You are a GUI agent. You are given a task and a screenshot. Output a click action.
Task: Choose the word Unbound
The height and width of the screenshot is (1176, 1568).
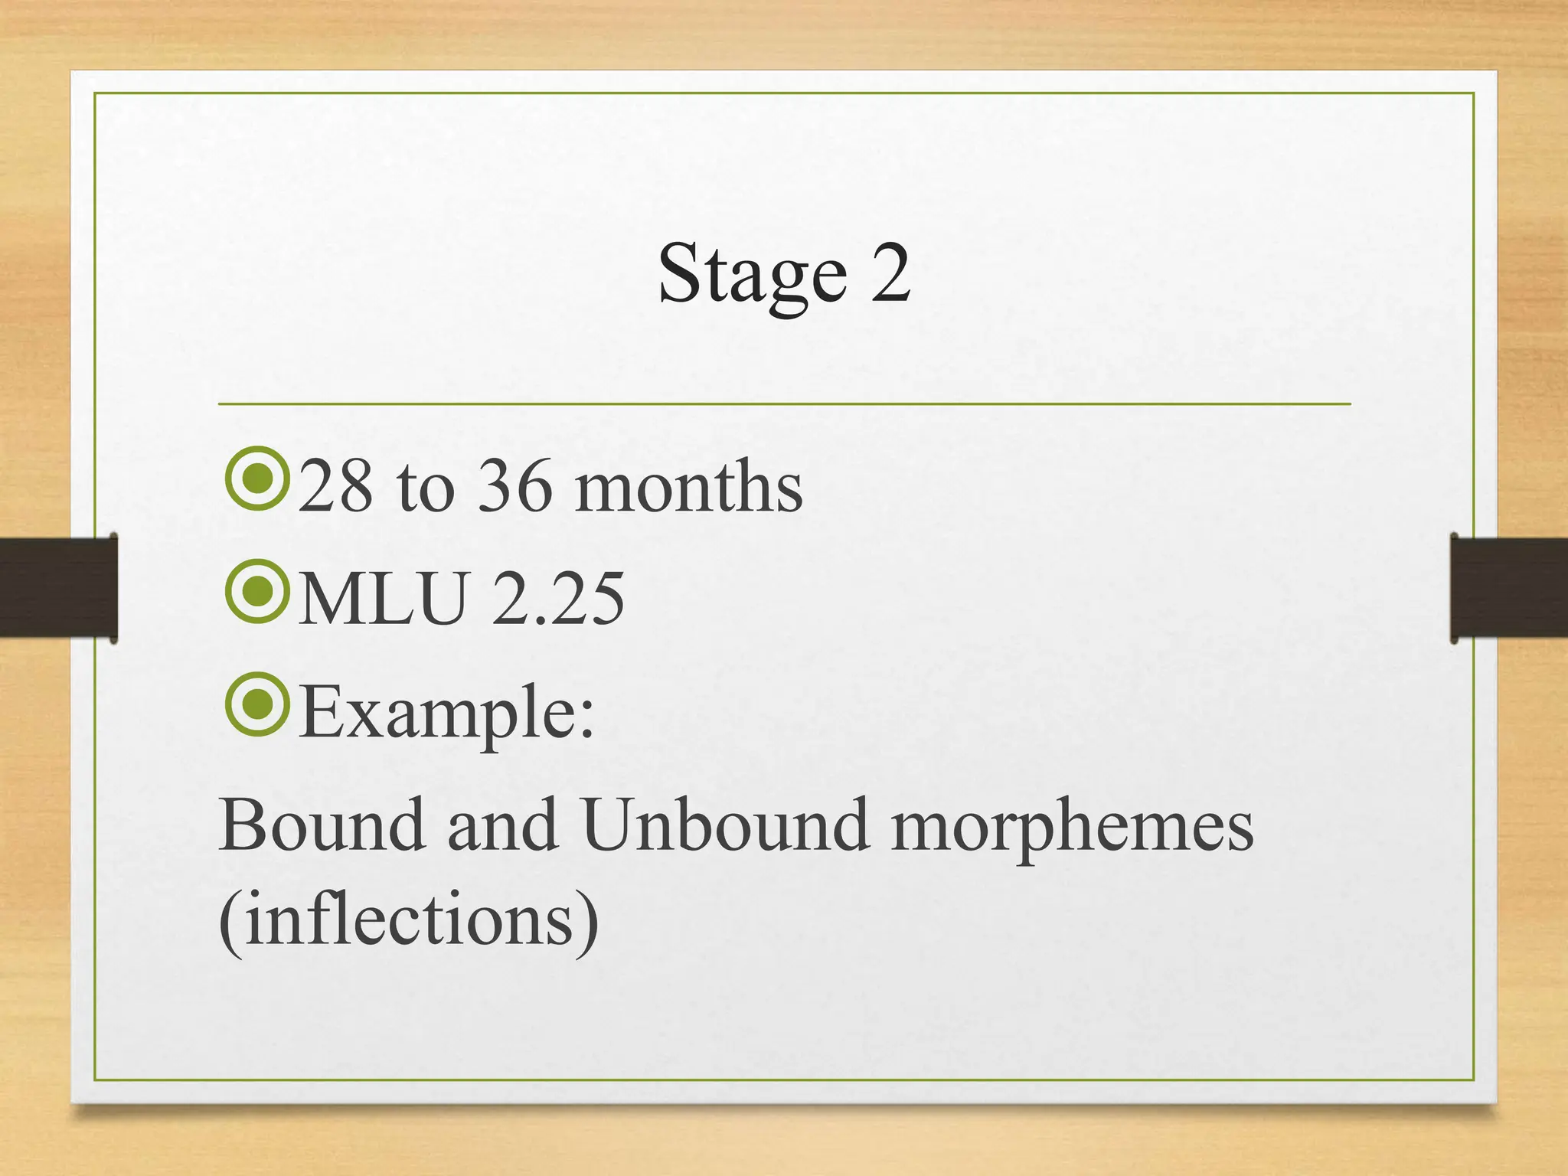coord(725,825)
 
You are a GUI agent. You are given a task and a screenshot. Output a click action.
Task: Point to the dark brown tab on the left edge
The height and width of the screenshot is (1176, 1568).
coord(58,587)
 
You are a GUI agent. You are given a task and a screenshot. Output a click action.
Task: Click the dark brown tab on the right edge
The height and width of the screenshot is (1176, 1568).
coord(1509,587)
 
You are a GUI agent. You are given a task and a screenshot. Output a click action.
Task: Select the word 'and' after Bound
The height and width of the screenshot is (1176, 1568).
coord(502,825)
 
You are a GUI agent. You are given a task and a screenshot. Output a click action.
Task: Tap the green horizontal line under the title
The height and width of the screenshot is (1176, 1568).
coord(784,403)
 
